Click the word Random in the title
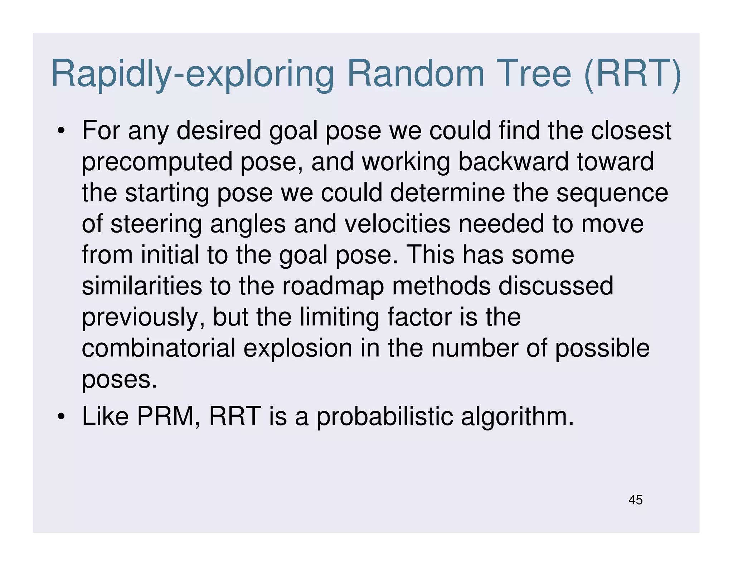tap(415, 74)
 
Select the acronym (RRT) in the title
tap(632, 74)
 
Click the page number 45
tap(635, 500)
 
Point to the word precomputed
tap(157, 162)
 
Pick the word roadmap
tap(333, 286)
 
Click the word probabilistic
tap(385, 417)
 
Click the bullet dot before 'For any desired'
tap(61, 131)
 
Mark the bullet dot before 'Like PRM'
tap(61, 417)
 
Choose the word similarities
tap(142, 286)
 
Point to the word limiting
tap(339, 318)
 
